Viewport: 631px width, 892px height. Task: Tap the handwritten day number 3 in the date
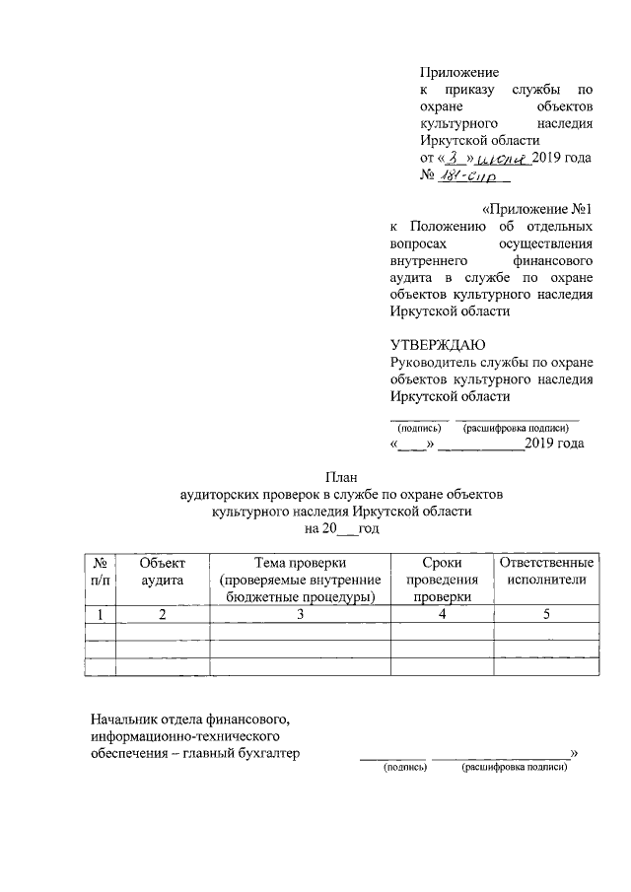click(x=453, y=159)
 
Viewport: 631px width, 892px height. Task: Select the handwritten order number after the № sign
click(x=473, y=178)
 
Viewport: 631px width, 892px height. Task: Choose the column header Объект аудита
click(x=163, y=571)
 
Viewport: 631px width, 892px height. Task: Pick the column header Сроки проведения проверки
click(x=440, y=579)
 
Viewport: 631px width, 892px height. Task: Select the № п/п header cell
click(x=101, y=571)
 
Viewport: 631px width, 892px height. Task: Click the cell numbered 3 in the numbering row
click(x=301, y=614)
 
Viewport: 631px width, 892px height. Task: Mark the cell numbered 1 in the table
click(x=101, y=614)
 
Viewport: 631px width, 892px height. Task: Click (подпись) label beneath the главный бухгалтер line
click(x=404, y=766)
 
